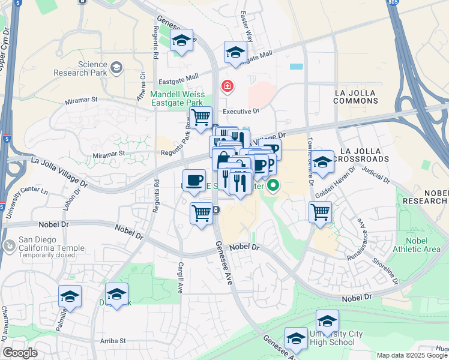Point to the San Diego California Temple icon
tap(9, 246)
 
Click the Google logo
tap(20, 353)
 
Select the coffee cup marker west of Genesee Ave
tap(194, 180)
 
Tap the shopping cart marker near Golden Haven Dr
tap(320, 211)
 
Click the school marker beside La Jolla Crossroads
tap(322, 161)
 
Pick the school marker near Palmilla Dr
tap(70, 296)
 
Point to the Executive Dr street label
tap(241, 112)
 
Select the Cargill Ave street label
tap(179, 277)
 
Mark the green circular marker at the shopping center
tap(273, 185)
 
